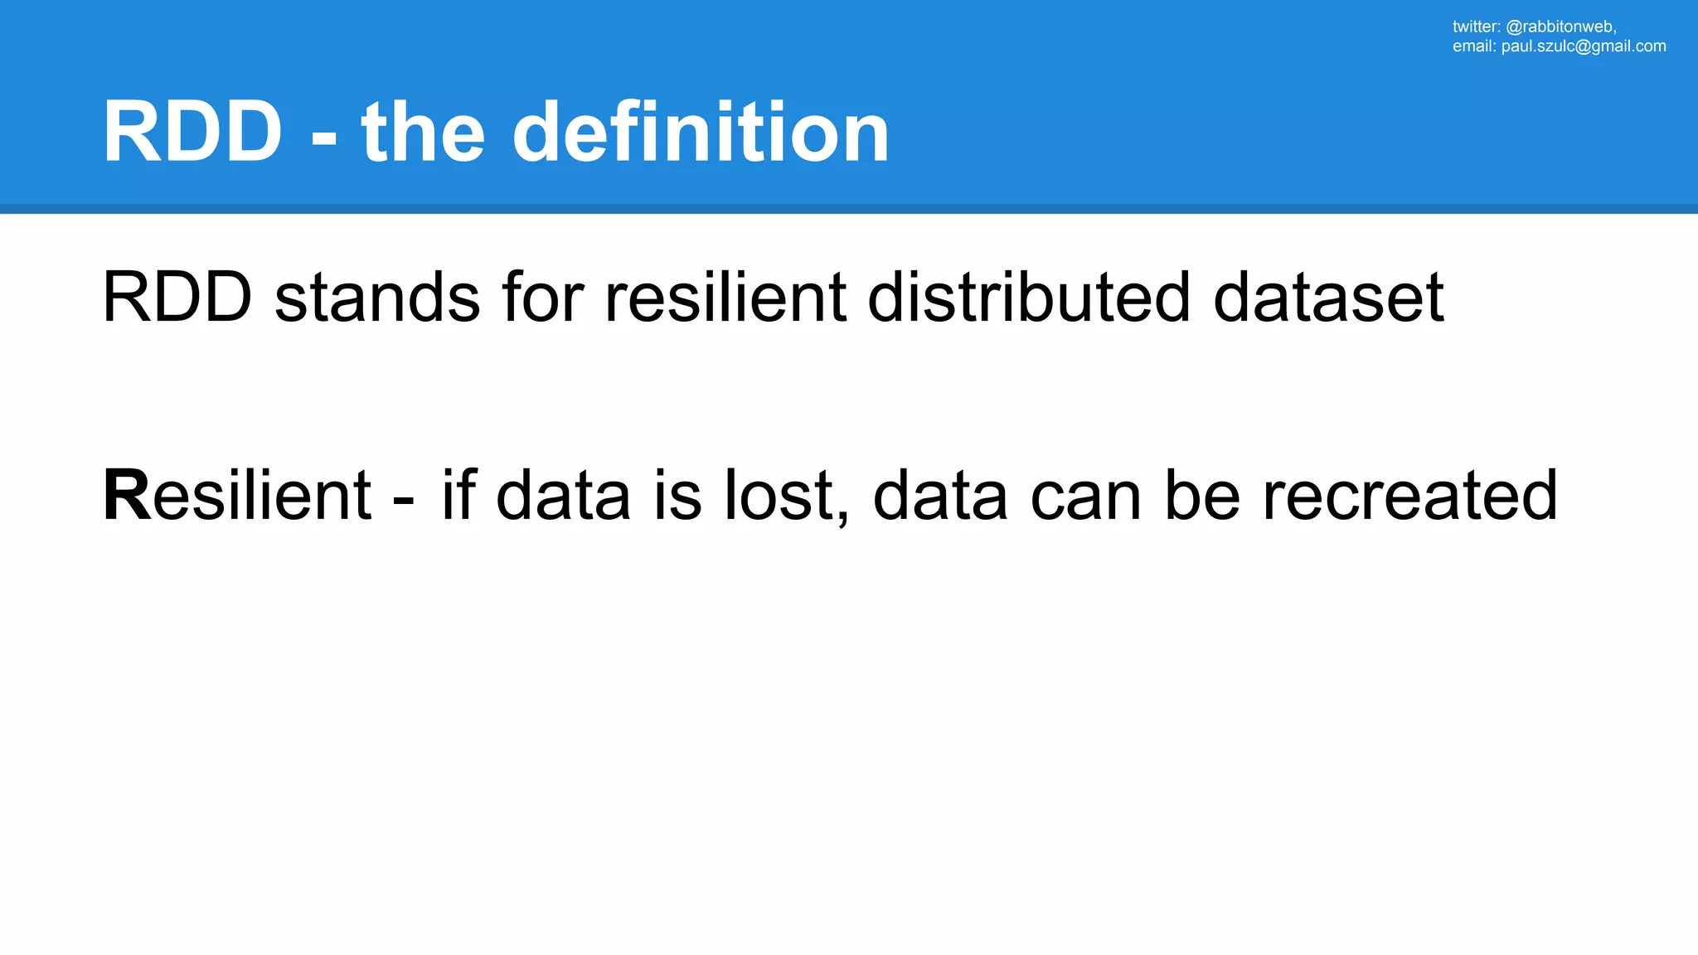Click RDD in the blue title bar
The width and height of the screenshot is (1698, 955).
[x=192, y=132]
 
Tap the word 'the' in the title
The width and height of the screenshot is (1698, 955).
[x=423, y=132]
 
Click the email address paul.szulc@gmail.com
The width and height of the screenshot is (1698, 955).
[x=1584, y=46]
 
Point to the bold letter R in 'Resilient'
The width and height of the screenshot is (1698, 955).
[x=127, y=495]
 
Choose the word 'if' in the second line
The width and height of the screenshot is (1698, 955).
[x=458, y=495]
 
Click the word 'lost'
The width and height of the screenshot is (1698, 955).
[x=785, y=495]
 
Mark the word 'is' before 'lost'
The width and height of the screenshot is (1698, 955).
[x=677, y=495]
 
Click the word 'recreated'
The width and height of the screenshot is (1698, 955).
[x=1409, y=495]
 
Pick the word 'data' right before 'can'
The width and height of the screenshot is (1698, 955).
[x=940, y=495]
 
